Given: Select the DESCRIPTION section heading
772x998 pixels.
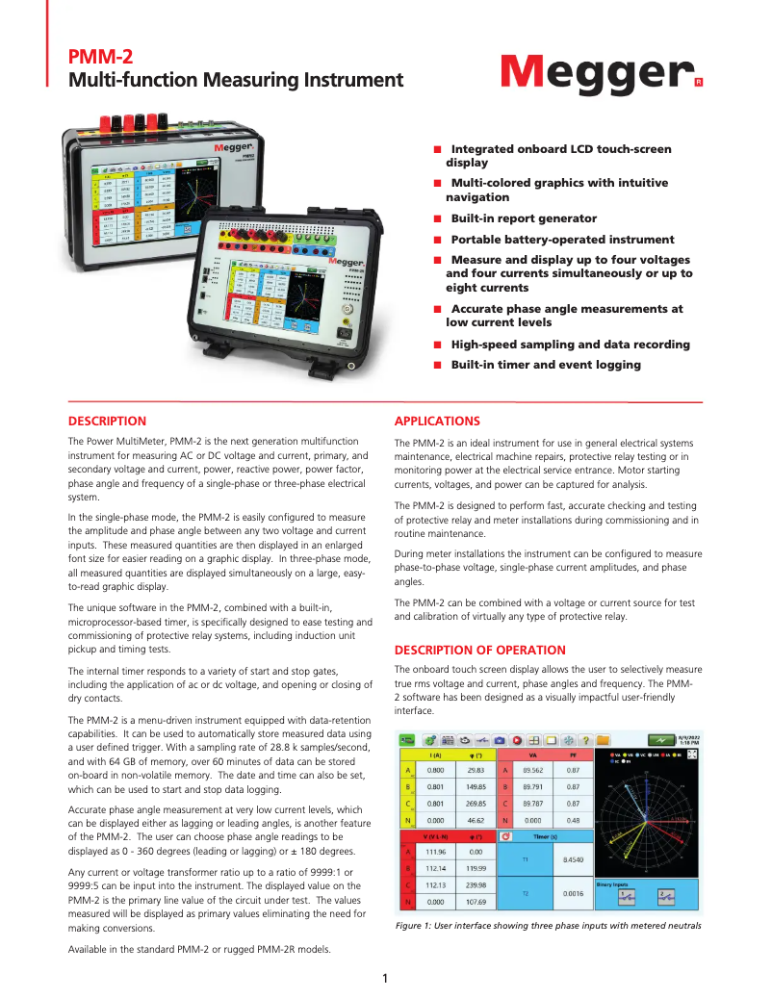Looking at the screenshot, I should coord(107,422).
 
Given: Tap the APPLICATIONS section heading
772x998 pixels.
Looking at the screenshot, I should coord(437,422).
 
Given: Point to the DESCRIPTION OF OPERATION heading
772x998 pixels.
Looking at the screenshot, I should coord(480,651).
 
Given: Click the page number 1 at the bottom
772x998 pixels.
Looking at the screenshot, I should coord(385,979).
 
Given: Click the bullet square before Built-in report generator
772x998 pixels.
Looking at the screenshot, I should coord(437,219).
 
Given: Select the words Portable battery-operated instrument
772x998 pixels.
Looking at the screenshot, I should coord(562,240).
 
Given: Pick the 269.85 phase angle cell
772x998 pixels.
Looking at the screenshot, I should coord(476,803).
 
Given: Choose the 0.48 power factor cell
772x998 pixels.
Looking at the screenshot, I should coord(573,820).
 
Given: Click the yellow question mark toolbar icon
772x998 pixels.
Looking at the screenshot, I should coord(584,740).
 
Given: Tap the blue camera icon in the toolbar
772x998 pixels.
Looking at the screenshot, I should coord(499,740).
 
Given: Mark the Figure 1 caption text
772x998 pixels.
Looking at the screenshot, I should coord(548,926).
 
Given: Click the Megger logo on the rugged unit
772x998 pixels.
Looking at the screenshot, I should coord(345,262).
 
